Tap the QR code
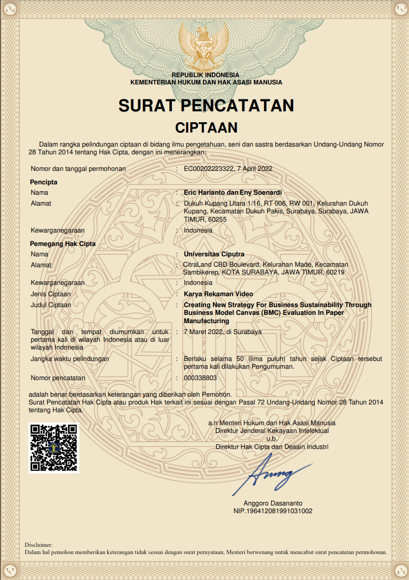[54, 447]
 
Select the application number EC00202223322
[208, 169]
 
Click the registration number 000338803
[200, 378]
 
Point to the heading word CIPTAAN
[206, 128]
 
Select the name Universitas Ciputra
[214, 254]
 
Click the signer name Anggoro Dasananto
[273, 503]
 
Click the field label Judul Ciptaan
[51, 305]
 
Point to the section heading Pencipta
[43, 182]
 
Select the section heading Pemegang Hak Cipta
[63, 243]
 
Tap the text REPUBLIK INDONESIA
[206, 75]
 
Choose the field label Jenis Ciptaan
[50, 294]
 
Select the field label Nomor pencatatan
[57, 378]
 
